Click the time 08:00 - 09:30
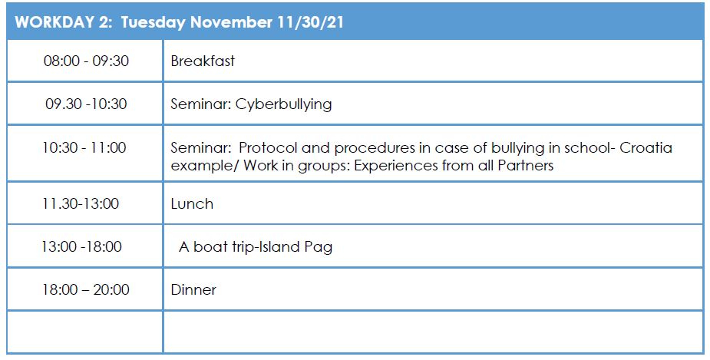pyautogui.click(x=86, y=61)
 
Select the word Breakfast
pyautogui.click(x=203, y=61)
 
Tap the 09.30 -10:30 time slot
pyautogui.click(x=86, y=104)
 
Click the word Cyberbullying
pyautogui.click(x=283, y=104)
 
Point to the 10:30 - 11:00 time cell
pyautogui.click(x=84, y=147)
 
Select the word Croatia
pyautogui.click(x=646, y=147)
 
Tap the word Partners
pyautogui.click(x=526, y=165)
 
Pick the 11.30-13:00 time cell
pyautogui.click(x=81, y=203)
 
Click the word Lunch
pyautogui.click(x=192, y=203)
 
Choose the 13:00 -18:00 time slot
pyautogui.click(x=82, y=246)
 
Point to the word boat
pyautogui.click(x=210, y=247)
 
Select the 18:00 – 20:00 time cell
pyautogui.click(x=86, y=289)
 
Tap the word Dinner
pyautogui.click(x=193, y=290)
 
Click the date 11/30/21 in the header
pyautogui.click(x=311, y=22)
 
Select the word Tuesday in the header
pyautogui.click(x=153, y=22)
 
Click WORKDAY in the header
pyautogui.click(x=54, y=22)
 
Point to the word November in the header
pyautogui.click(x=231, y=22)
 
